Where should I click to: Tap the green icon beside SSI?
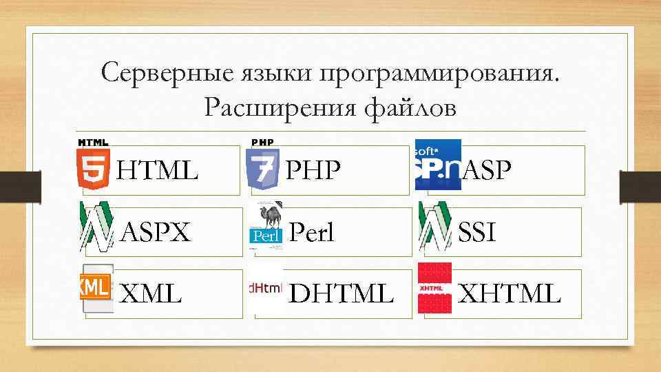coord(434,227)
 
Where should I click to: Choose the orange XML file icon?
coord(96,289)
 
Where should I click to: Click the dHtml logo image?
coord(265,289)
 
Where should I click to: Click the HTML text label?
coord(158,169)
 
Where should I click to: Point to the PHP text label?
coord(313,169)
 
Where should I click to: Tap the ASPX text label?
coord(156,233)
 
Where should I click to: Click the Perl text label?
coord(311,233)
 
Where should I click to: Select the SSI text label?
coord(476,233)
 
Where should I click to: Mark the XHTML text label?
coord(510,294)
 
